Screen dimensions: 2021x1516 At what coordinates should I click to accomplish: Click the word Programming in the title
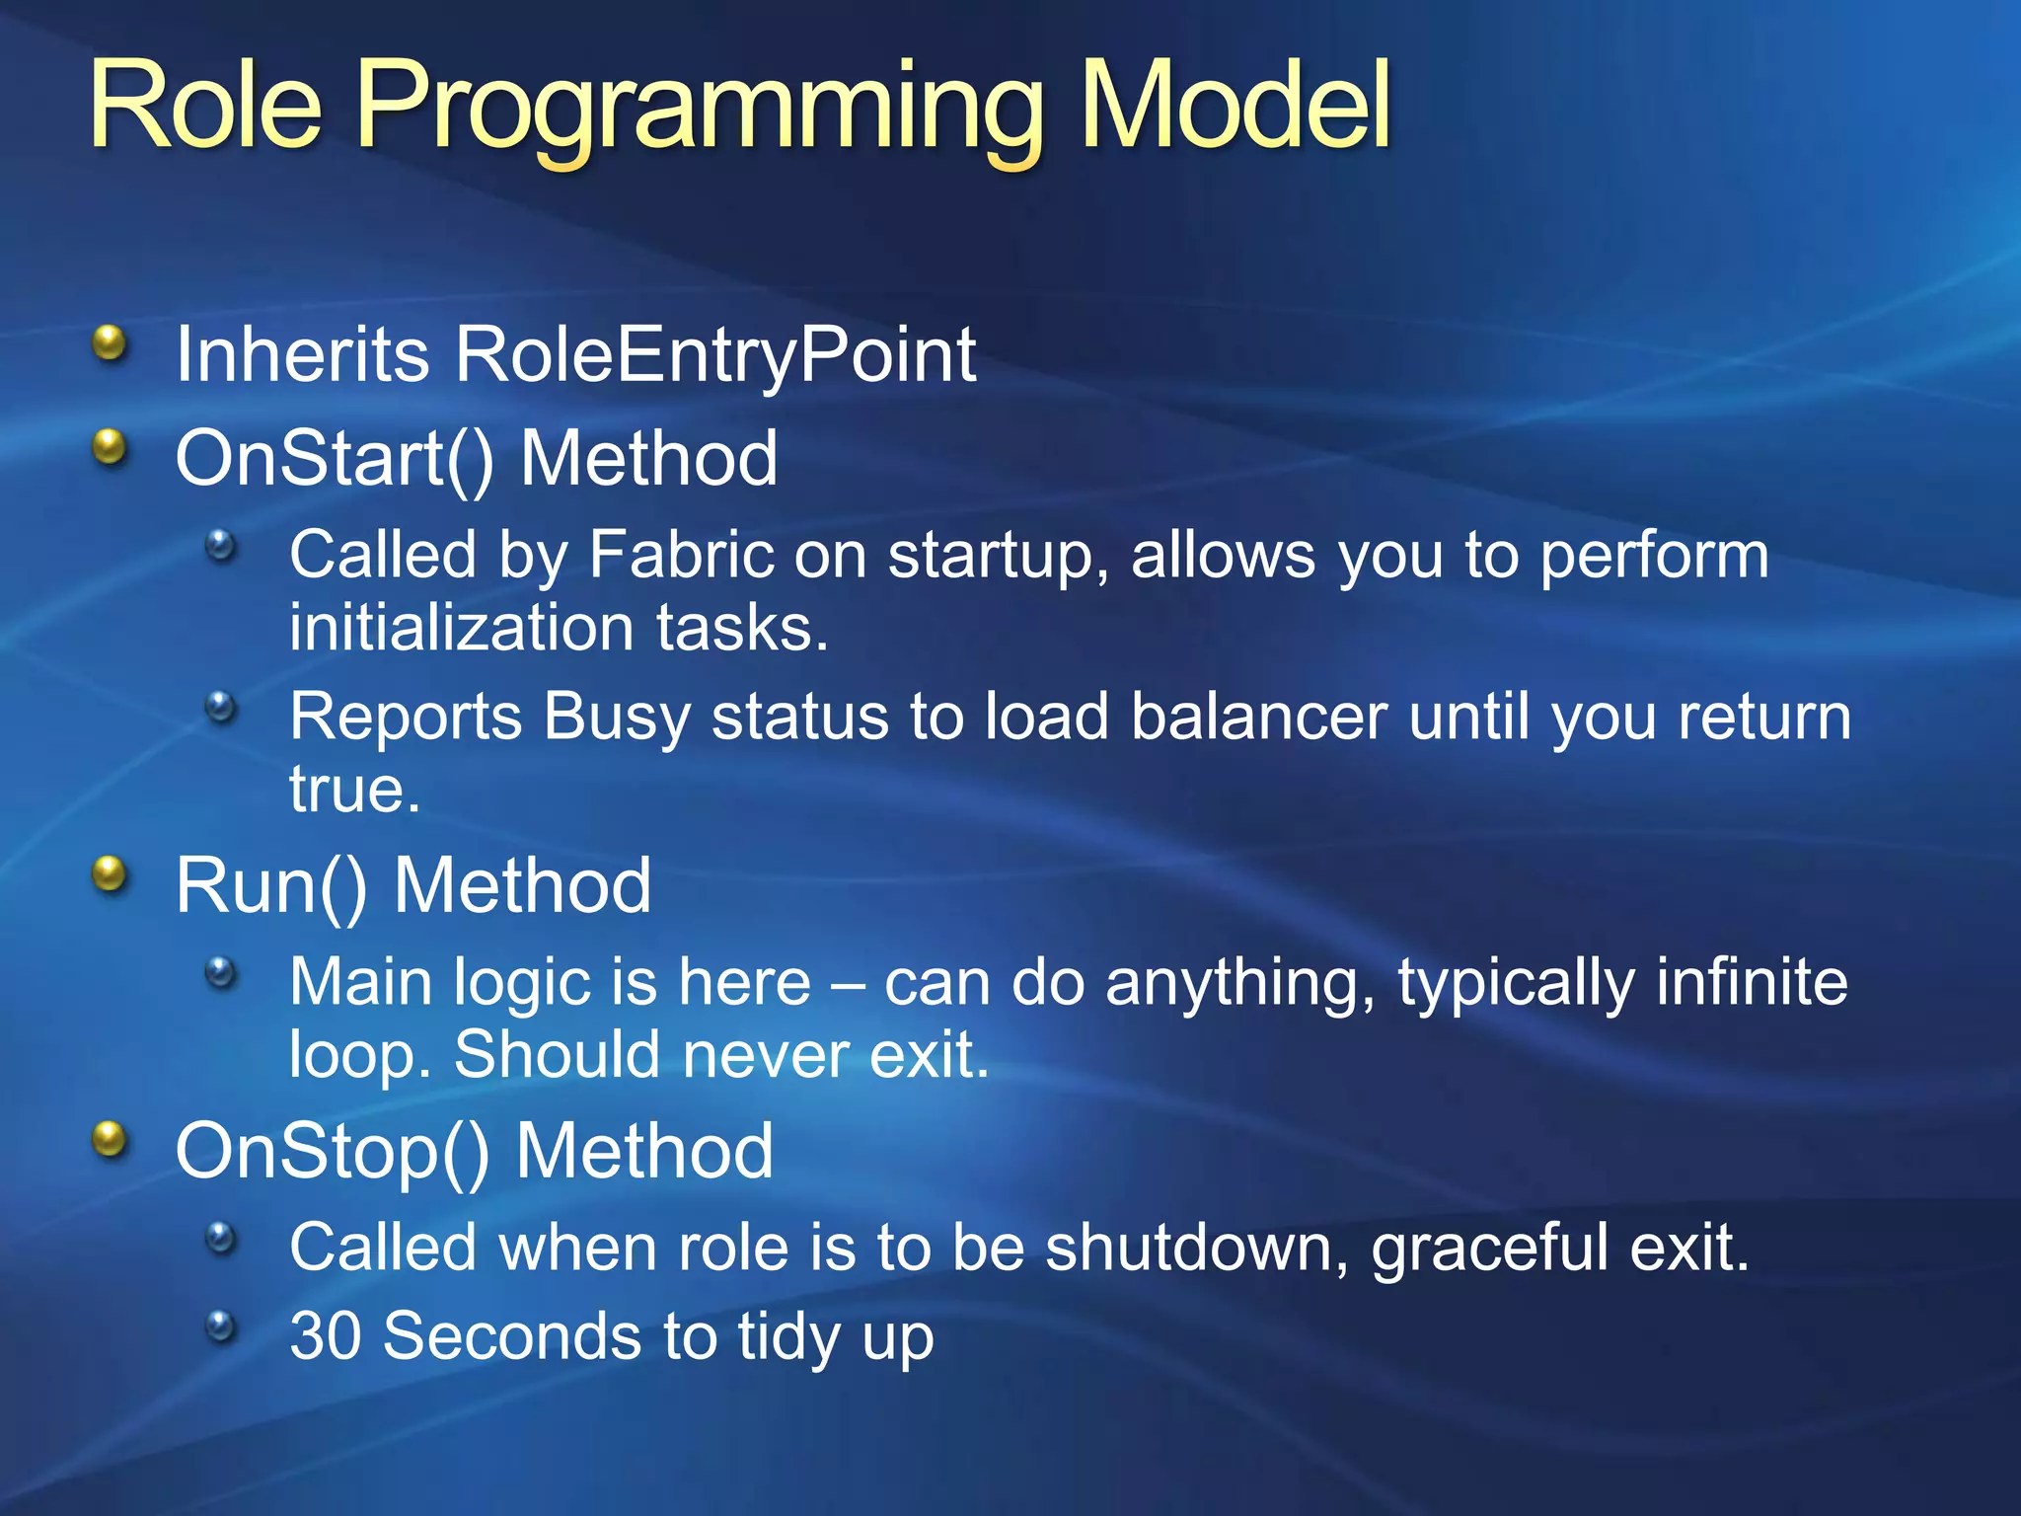[x=700, y=114]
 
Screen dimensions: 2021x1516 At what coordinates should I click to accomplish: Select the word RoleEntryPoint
[x=715, y=356]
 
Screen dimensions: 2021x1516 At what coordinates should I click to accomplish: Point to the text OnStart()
[x=335, y=459]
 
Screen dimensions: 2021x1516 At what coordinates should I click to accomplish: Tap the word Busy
[x=617, y=718]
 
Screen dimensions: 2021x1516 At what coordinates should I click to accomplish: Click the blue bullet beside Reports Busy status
[x=222, y=706]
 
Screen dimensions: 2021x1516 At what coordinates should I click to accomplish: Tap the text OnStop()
[x=333, y=1152]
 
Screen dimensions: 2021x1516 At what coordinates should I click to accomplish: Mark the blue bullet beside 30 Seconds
[x=222, y=1325]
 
